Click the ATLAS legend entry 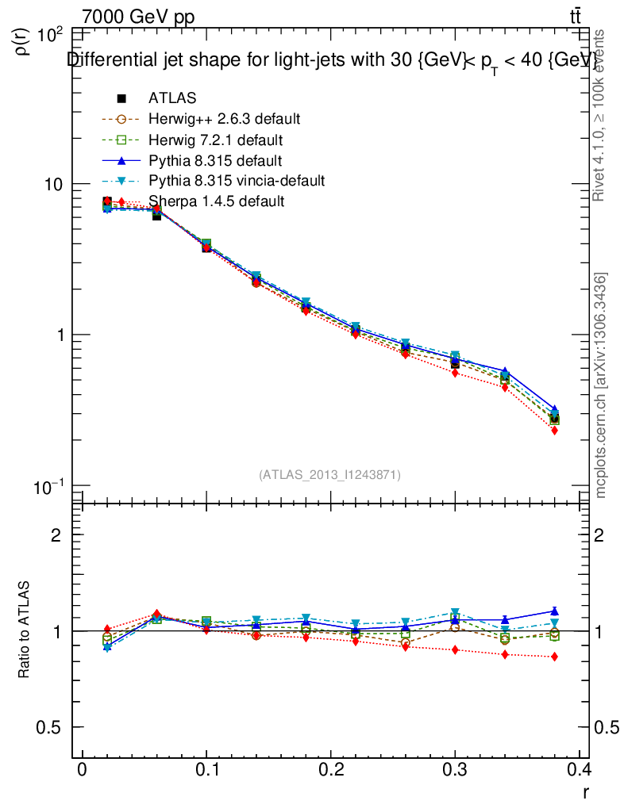coord(171,98)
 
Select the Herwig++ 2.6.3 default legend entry coord(223,119)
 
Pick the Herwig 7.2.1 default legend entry coord(215,140)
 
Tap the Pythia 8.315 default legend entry coord(214,160)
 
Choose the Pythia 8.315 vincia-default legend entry coord(236,181)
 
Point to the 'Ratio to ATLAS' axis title coord(25,631)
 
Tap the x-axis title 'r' coord(586,791)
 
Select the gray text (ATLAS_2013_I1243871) coord(329,474)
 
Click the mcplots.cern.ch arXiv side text coord(601,385)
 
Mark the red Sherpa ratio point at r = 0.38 coord(554,657)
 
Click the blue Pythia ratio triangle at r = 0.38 coord(554,611)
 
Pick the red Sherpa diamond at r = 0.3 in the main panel coord(455,373)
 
